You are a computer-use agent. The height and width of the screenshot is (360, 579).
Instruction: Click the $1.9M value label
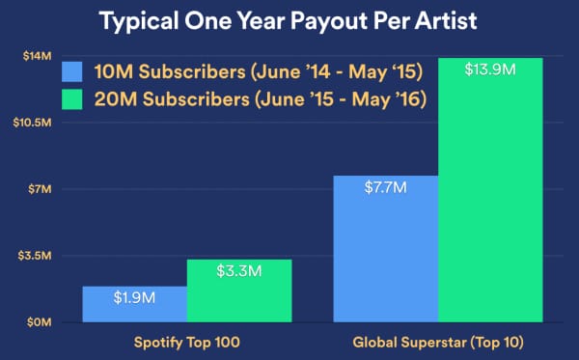[x=134, y=298]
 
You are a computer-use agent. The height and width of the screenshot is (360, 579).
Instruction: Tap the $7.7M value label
[x=386, y=187]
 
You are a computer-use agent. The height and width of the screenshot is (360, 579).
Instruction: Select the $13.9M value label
[x=490, y=69]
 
